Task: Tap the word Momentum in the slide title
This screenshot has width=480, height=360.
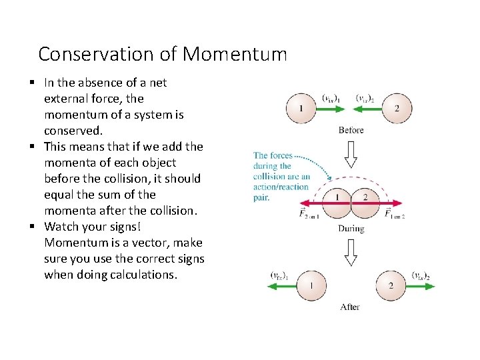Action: click(x=235, y=53)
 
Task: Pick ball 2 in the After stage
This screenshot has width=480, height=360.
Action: click(x=391, y=286)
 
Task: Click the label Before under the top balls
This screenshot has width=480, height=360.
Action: click(x=351, y=129)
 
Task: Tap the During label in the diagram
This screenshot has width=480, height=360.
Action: click(x=351, y=229)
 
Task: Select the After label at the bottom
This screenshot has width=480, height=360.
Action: click(x=350, y=307)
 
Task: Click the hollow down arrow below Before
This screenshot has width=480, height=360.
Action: click(x=351, y=153)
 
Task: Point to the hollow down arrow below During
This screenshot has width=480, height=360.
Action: click(x=351, y=253)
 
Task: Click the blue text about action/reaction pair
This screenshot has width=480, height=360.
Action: click(x=281, y=177)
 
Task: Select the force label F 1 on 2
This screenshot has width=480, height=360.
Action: click(x=395, y=214)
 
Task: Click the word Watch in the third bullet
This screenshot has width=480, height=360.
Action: click(x=61, y=227)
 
